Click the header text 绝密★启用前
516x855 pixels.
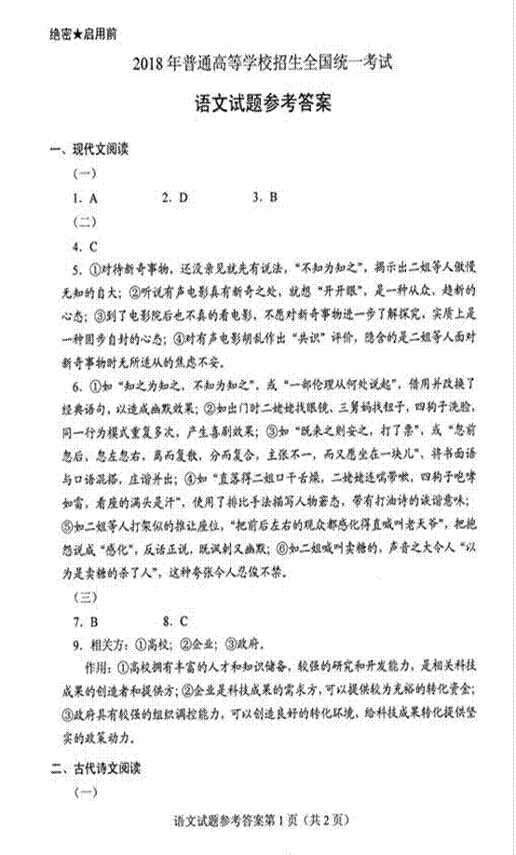85,34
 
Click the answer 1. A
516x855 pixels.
85,197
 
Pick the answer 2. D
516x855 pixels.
174,197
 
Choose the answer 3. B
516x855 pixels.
265,197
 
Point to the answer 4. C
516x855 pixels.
85,247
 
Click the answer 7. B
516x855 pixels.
85,620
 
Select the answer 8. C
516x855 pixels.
174,620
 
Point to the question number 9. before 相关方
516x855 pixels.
78,645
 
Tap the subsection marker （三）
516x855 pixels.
85,596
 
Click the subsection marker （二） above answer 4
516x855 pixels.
85,222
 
